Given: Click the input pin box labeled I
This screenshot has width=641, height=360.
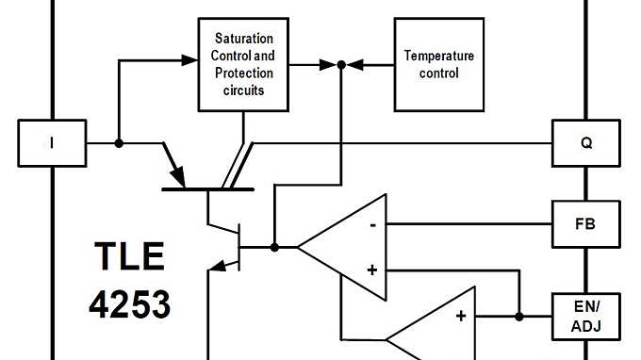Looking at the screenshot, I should coord(52,143).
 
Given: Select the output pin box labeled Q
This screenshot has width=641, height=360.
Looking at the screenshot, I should coord(585,143).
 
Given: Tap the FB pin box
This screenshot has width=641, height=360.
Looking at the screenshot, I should coord(585,224).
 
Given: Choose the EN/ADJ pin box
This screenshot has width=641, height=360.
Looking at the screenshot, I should coord(585,316).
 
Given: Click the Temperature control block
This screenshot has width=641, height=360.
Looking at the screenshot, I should coord(438,64).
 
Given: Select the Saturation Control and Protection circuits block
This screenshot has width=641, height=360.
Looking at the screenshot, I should coord(244,64).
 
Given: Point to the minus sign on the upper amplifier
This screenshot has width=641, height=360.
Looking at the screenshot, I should coord(373,225).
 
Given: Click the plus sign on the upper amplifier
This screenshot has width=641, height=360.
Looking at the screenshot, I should coord(372,270).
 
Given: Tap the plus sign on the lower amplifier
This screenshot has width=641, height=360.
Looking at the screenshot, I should coord(461,316).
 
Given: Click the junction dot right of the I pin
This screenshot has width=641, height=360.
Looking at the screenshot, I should coord(119,143).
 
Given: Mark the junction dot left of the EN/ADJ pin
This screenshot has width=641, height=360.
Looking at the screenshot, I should coord(519,316).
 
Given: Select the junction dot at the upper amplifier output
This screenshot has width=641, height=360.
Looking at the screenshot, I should coord(274,247).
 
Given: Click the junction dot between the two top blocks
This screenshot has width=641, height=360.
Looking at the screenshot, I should coord(341,65).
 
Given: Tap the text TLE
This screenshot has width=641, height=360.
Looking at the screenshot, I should coord(129,257).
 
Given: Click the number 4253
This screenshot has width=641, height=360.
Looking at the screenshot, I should coord(129,303).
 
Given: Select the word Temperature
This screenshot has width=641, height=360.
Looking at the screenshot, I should coord(438,56).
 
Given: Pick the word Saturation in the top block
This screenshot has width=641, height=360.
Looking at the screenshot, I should coord(244,39).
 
